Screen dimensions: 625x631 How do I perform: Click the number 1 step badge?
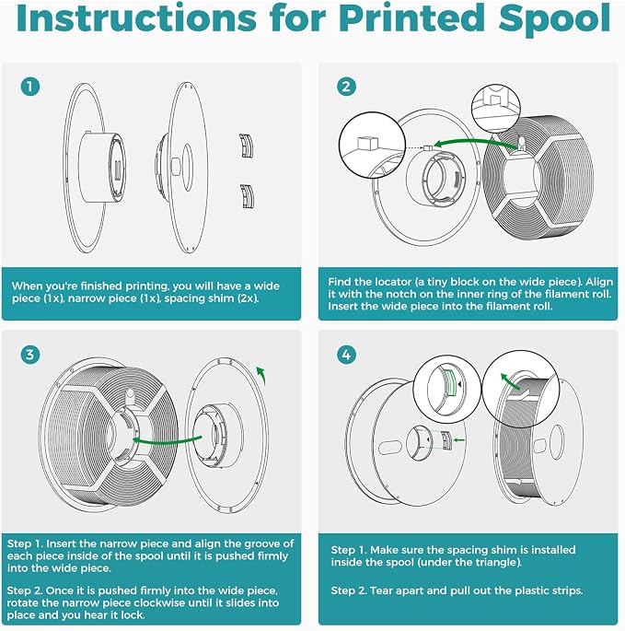(30, 86)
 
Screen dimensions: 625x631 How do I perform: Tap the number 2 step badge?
(346, 86)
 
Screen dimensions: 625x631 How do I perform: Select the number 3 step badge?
(30, 355)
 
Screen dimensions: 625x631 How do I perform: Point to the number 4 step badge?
(346, 355)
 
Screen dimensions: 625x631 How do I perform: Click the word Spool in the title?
(555, 19)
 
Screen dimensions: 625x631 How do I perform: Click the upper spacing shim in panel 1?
(247, 146)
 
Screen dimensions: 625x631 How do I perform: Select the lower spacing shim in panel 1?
(247, 196)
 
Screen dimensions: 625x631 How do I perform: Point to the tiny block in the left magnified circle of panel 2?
(368, 143)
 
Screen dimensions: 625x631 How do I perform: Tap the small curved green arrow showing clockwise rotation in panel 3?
(261, 375)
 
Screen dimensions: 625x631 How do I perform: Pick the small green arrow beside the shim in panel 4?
(459, 439)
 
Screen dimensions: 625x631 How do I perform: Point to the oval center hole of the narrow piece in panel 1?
(187, 169)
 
